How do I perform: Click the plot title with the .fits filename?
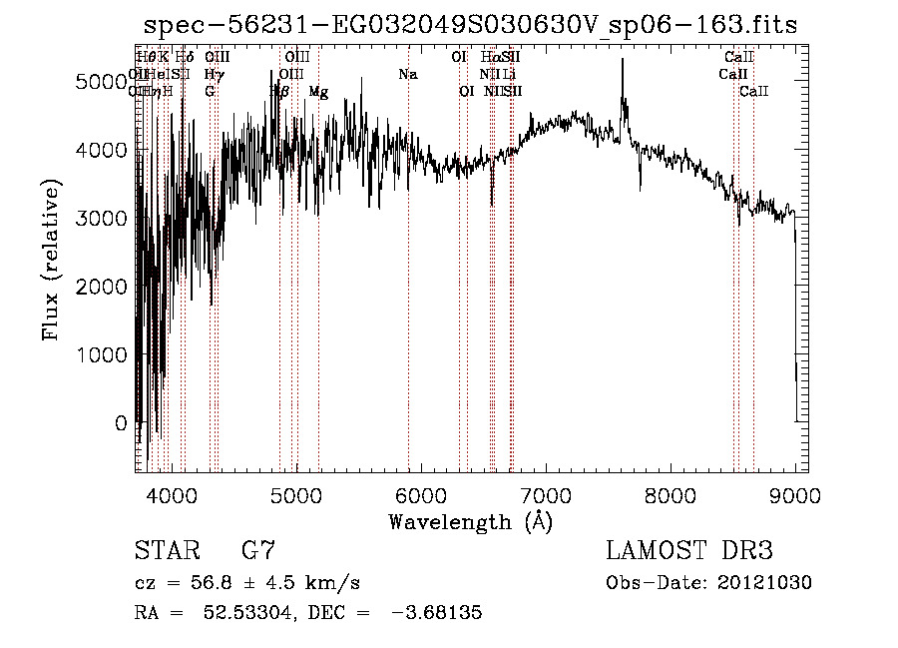pos(471,25)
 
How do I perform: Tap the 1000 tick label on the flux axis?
pos(103,354)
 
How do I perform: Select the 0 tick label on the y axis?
pos(122,423)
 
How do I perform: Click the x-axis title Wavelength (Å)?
pos(470,521)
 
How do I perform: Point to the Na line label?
pos(407,75)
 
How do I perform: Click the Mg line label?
pos(318,92)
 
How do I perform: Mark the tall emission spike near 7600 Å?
pos(623,62)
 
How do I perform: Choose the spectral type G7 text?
pos(258,551)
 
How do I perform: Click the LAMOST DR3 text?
pos(689,551)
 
